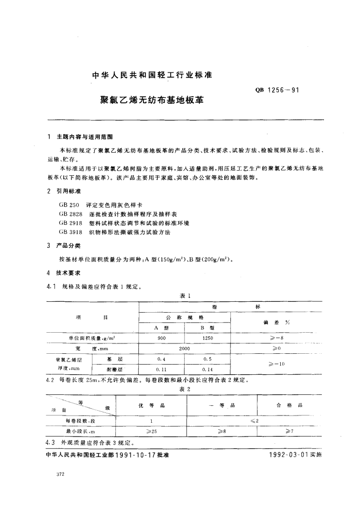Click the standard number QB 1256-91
point(277,90)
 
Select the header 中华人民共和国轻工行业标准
point(152,76)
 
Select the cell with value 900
point(162,338)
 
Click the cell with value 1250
point(208,338)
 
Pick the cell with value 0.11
point(162,369)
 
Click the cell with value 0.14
point(208,369)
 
